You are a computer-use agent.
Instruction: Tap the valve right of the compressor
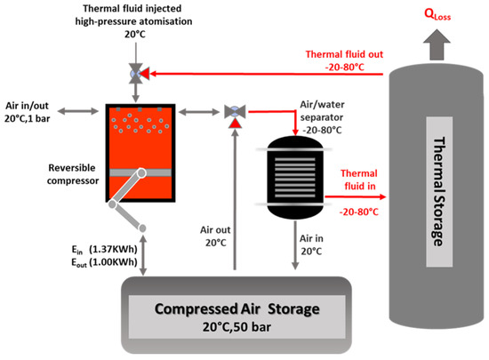pyautogui.click(x=236, y=112)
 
